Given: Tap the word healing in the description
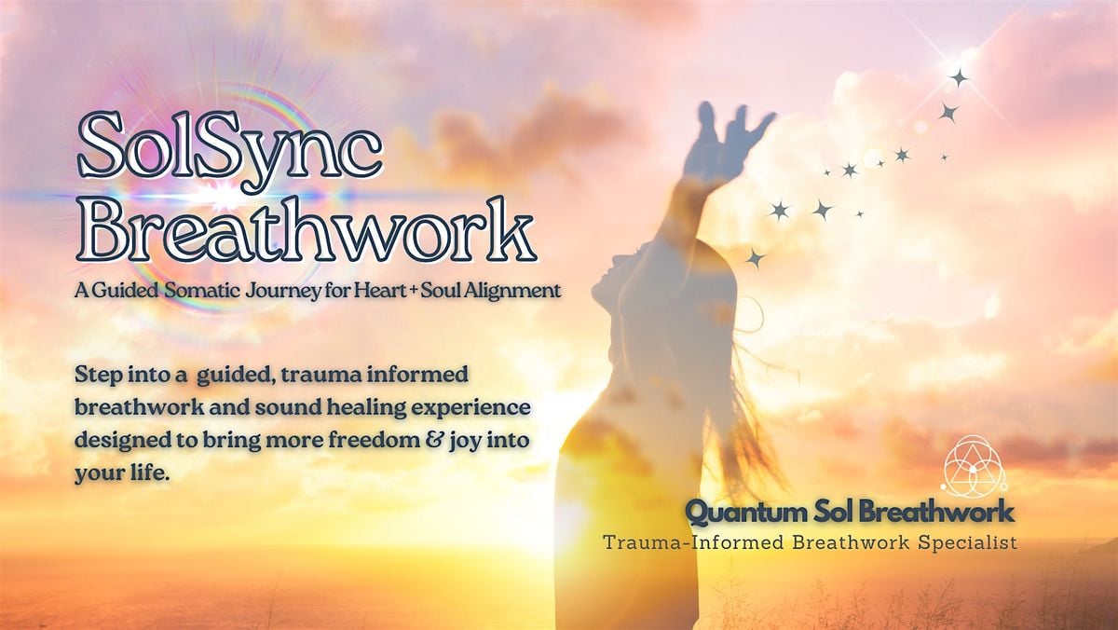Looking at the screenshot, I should (x=390, y=407).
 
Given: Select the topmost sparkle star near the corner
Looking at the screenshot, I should (x=958, y=77).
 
